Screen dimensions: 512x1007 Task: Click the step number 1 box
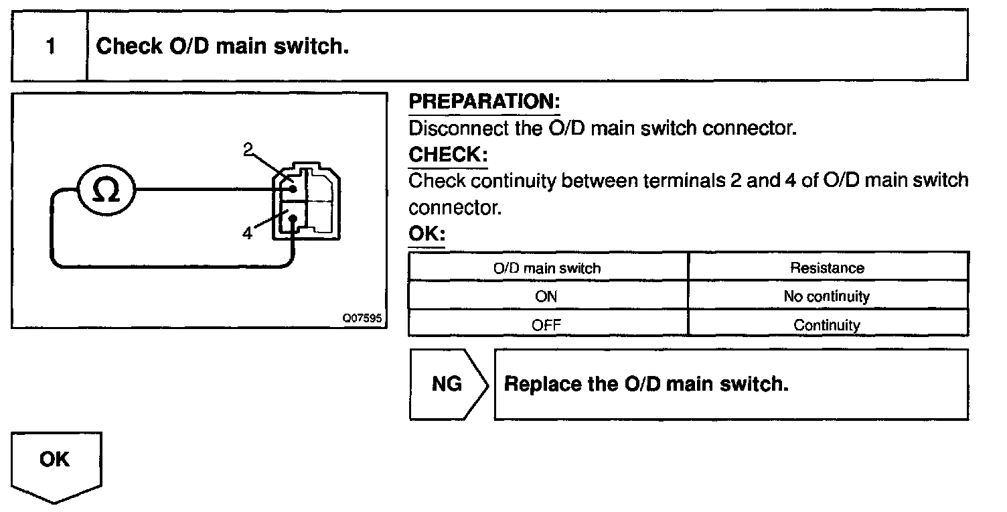click(50, 46)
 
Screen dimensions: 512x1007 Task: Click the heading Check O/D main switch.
click(222, 46)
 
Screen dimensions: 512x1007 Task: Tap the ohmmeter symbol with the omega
click(106, 190)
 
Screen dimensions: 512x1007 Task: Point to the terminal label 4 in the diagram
click(248, 234)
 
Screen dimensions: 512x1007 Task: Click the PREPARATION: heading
click(483, 102)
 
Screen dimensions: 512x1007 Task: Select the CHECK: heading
click(447, 155)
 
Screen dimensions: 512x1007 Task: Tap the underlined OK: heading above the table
click(427, 235)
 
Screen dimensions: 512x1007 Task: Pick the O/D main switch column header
click(547, 268)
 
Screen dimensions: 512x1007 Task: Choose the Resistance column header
click(827, 268)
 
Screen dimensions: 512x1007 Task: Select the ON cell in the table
click(547, 296)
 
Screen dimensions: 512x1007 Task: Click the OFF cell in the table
click(547, 325)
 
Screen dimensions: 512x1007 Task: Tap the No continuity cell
click(827, 296)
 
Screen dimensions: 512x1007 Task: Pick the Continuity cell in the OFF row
click(827, 325)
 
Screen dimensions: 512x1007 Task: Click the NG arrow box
click(447, 384)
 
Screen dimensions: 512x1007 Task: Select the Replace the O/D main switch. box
click(730, 384)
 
